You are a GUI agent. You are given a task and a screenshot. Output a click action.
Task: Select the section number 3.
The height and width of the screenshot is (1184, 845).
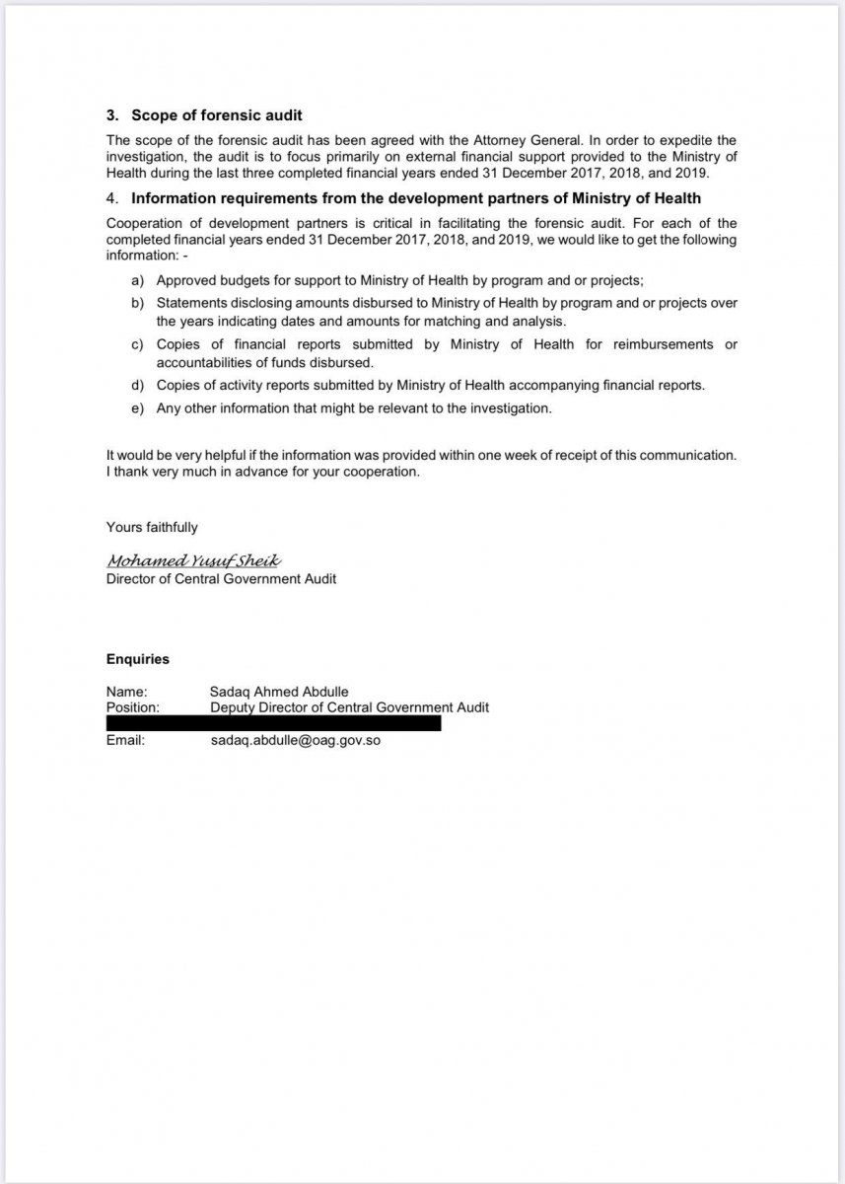(111, 116)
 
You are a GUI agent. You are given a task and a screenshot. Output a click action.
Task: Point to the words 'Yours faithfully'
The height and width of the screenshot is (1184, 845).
(152, 527)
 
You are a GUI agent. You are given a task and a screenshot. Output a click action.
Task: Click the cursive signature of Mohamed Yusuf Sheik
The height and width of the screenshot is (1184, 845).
(194, 560)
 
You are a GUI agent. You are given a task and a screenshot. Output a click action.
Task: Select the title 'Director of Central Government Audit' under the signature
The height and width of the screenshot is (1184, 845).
(221, 579)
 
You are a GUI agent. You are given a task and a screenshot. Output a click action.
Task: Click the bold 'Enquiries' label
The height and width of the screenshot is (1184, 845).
(138, 659)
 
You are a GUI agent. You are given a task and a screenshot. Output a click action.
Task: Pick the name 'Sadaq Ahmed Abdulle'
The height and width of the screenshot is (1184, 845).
(279, 692)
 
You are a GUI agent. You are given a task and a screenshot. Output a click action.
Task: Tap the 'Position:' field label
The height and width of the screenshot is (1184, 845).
(133, 707)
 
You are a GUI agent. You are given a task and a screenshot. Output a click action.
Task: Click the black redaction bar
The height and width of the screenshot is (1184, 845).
(273, 724)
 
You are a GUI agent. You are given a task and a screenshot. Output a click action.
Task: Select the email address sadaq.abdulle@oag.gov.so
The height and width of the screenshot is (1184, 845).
(295, 740)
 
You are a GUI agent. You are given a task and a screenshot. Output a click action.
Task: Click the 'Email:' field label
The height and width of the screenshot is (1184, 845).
(125, 740)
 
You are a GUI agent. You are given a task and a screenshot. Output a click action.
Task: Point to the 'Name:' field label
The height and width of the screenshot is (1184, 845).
(126, 692)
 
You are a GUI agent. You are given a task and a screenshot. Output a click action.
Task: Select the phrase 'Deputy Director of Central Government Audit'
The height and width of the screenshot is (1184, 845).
(349, 707)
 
